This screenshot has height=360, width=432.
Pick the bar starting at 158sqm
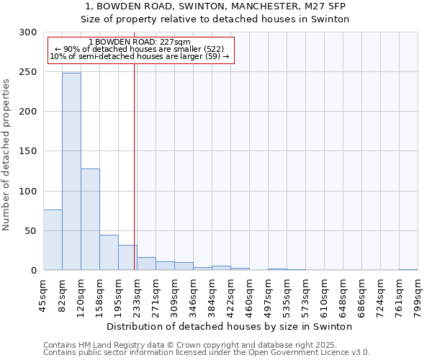[x=109, y=253]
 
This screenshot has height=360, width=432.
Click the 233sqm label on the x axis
[x=138, y=294]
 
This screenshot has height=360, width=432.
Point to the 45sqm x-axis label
[x=44, y=294]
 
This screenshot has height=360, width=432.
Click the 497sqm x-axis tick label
[x=269, y=294]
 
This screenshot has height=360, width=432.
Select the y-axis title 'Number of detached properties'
[x=6, y=154]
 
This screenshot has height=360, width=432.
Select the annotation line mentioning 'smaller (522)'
[x=140, y=49]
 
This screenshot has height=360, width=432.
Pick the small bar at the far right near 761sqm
[x=408, y=270]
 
